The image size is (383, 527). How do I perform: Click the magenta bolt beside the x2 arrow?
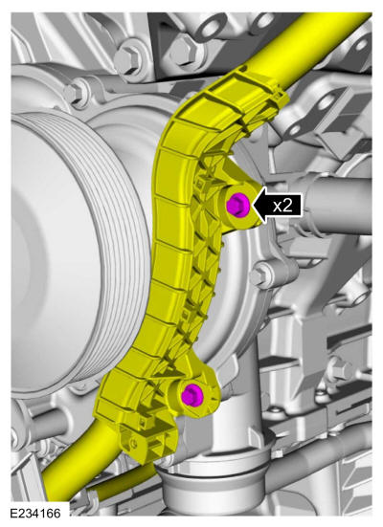(x=238, y=205)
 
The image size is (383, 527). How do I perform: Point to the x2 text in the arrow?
(x=282, y=205)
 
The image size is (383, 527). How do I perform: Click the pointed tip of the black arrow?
(x=253, y=205)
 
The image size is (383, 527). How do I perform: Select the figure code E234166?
(x=35, y=514)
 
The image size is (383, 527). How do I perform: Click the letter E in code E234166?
(x=13, y=514)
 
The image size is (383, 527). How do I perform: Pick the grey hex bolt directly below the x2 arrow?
(x=262, y=274)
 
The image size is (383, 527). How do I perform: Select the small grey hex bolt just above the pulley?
(x=74, y=92)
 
